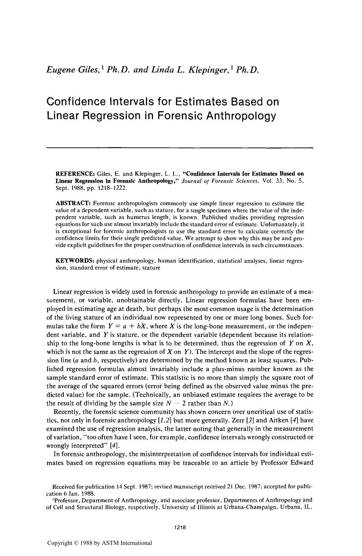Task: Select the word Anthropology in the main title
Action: (x=237, y=116)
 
